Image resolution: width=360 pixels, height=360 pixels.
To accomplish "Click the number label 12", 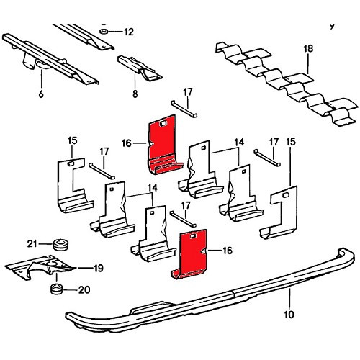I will point(129,32).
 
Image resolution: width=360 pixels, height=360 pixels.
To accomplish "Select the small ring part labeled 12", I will point(104,32).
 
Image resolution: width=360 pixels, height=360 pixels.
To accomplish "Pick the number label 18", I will point(308,49).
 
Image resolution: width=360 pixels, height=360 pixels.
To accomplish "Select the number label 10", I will point(289,313).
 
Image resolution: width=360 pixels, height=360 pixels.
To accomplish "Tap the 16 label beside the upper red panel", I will point(127,143).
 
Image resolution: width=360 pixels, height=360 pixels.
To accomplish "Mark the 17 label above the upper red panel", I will point(188,91).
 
